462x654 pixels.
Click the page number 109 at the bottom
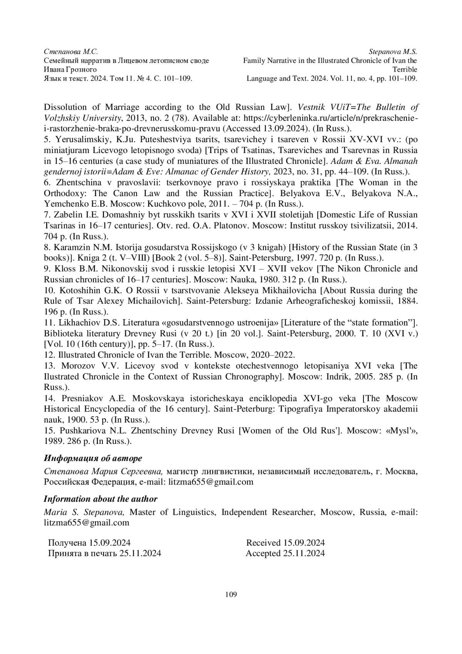click(x=231, y=594)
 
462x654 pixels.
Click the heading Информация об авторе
click(x=93, y=458)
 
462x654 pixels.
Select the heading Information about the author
click(x=100, y=499)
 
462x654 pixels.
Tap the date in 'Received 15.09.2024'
click(x=304, y=543)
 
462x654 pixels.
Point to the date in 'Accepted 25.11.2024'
click(x=304, y=553)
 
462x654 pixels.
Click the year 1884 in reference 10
click(x=408, y=301)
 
